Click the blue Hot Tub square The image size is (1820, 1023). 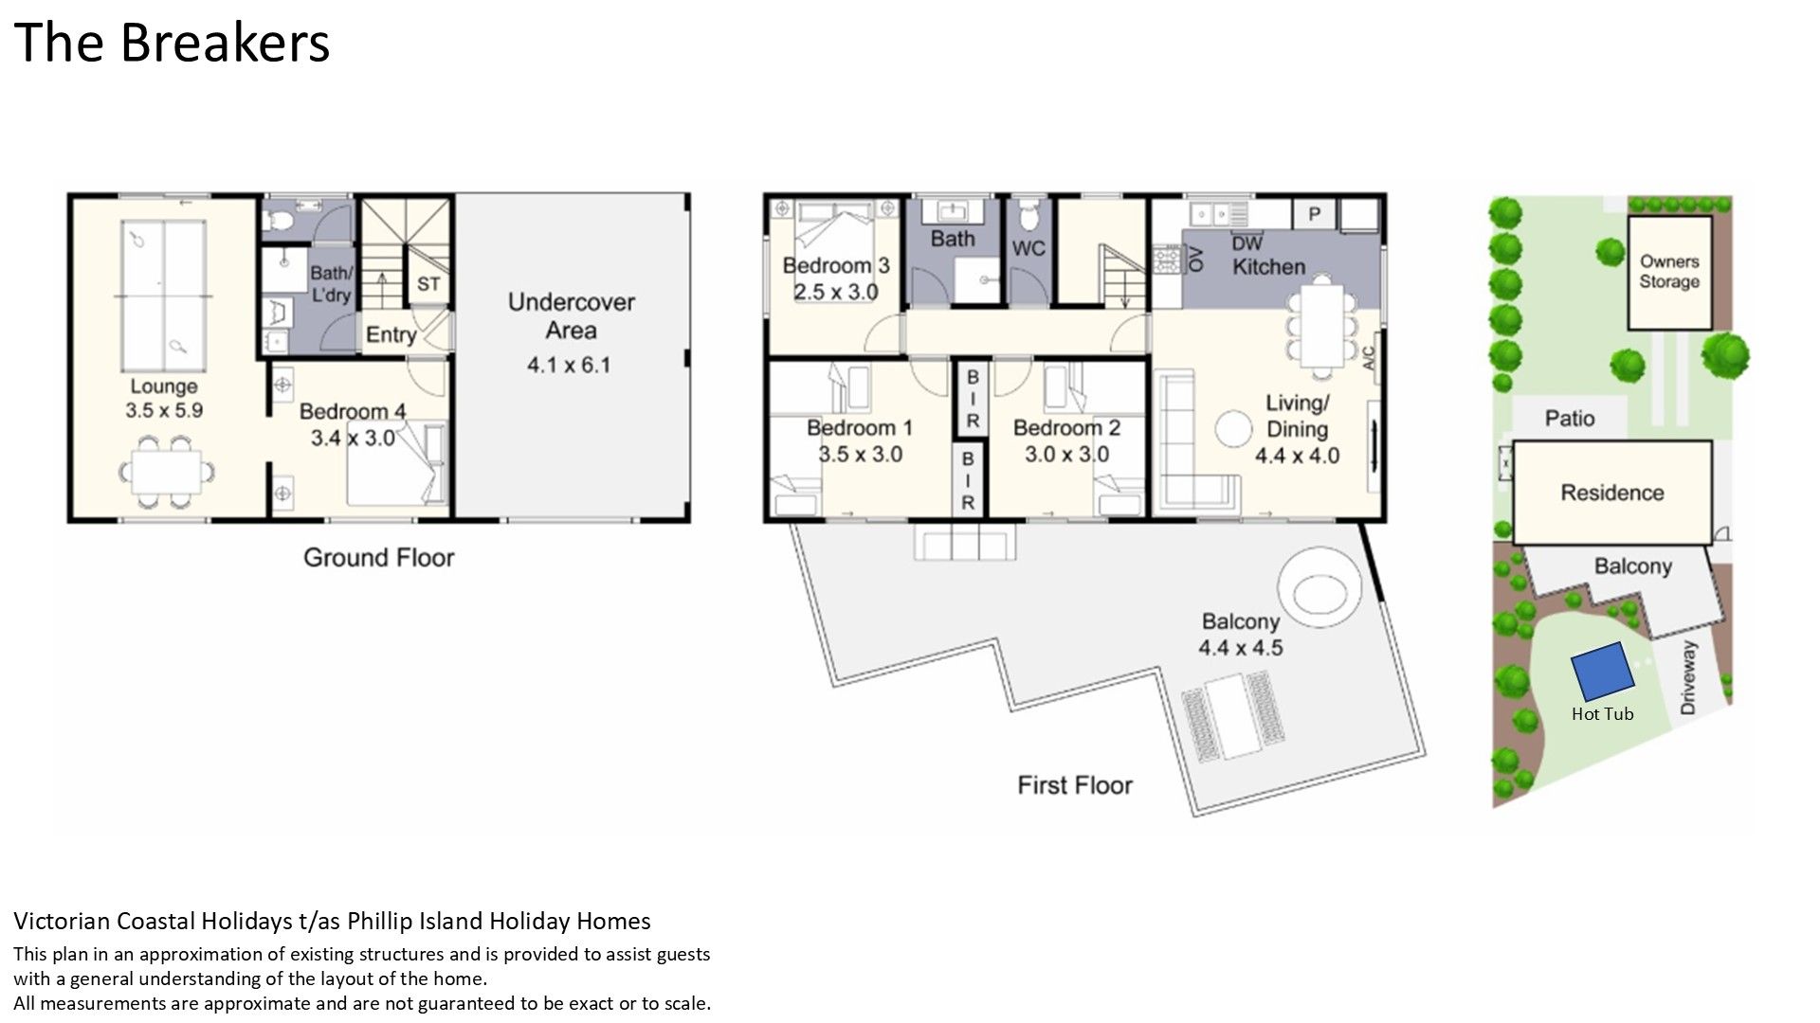pos(1603,673)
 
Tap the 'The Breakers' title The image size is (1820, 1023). pos(172,43)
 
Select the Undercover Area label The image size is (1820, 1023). pos(572,316)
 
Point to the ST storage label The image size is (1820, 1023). pos(428,284)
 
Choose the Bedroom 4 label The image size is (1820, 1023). pos(353,411)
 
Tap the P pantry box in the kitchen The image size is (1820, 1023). pos(1314,213)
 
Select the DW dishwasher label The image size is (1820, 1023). pos(1247,243)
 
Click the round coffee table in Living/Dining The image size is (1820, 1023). pos(1234,429)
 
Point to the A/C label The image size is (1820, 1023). pos(1368,357)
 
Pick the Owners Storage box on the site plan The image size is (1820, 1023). pos(1670,273)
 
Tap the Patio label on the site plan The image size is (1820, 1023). pos(1570,419)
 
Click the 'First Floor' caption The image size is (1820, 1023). pos(1075,785)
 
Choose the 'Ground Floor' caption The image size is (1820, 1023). pos(378,558)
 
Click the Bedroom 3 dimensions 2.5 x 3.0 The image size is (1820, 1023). pos(836,292)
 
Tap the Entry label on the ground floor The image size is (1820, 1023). pos(391,334)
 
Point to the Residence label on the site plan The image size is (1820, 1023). pos(1612,493)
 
